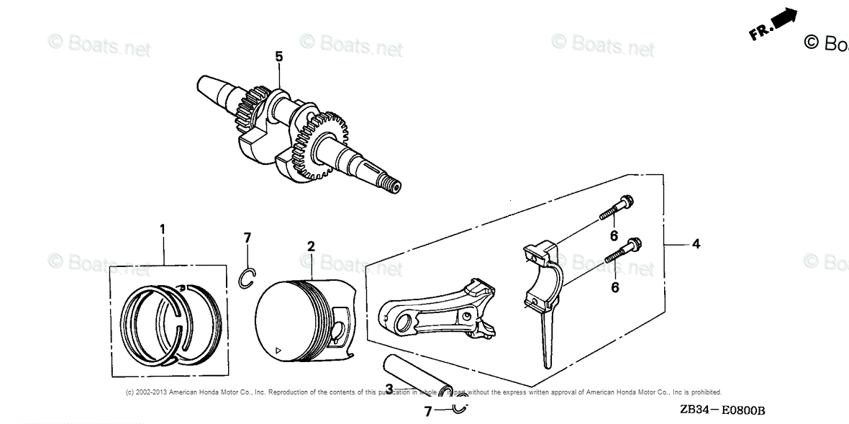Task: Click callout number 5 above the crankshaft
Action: (x=279, y=57)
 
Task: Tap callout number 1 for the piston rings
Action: (x=163, y=229)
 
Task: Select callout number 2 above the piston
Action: (x=311, y=246)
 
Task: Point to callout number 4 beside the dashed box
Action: (x=696, y=245)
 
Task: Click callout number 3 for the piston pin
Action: (x=389, y=389)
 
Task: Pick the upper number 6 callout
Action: (x=614, y=235)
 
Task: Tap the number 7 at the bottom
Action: (x=427, y=412)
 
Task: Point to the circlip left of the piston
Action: (x=247, y=278)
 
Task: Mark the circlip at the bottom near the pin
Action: (x=461, y=408)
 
